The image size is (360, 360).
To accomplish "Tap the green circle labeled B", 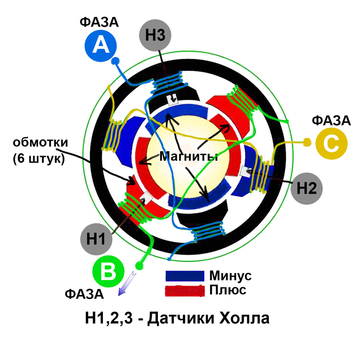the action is point(109,272).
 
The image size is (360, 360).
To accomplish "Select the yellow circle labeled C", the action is point(331,144).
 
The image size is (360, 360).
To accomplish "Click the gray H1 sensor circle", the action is point(96,239).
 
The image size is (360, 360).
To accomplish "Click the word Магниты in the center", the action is point(189,156).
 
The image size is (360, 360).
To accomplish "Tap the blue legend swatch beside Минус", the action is point(185,276).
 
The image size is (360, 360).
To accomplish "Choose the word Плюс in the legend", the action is point(228,291).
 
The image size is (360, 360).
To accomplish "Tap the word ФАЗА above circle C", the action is point(331,121).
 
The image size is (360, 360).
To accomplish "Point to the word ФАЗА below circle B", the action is point(84,294).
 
